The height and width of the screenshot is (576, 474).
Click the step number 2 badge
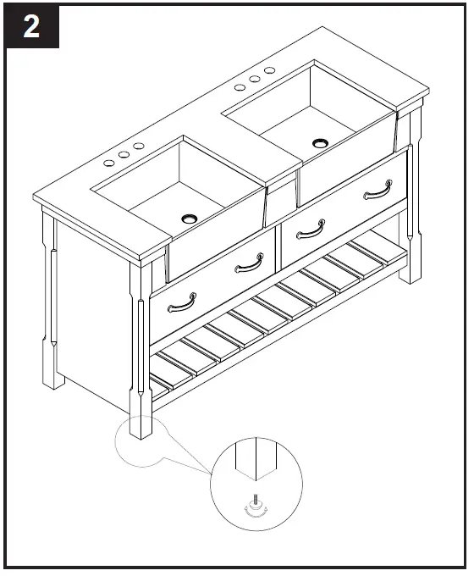tap(31, 27)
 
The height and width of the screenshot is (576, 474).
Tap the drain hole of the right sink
tap(320, 142)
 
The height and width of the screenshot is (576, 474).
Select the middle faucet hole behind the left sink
tap(124, 154)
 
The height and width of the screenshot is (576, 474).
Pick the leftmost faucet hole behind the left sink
tap(109, 161)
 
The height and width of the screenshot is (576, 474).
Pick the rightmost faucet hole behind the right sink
tap(269, 70)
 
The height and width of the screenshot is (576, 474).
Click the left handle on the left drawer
tap(182, 302)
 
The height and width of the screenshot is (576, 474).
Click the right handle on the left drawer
tap(249, 265)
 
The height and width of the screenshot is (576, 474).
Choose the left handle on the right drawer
tap(311, 228)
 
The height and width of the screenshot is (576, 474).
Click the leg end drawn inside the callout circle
tap(253, 462)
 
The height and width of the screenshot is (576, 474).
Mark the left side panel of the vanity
tap(93, 322)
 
